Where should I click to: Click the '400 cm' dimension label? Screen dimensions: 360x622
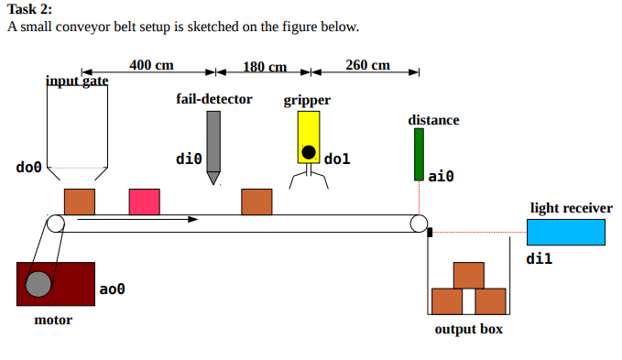pyautogui.click(x=151, y=65)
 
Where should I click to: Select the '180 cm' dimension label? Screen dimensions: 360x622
pyautogui.click(x=265, y=67)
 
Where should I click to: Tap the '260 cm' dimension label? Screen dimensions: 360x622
pyautogui.click(x=367, y=65)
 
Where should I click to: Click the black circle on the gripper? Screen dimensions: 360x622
pyautogui.click(x=309, y=151)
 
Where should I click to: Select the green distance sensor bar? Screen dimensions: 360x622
pyautogui.click(x=419, y=154)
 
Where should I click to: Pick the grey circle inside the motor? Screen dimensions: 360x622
pyautogui.click(x=38, y=284)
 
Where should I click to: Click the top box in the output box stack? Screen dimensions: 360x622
pyautogui.click(x=468, y=276)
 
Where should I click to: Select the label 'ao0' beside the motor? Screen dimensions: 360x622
pyautogui.click(x=112, y=289)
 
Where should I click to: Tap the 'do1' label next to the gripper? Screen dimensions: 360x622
pyautogui.click(x=337, y=159)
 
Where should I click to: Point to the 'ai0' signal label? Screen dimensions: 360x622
pyautogui.click(x=441, y=174)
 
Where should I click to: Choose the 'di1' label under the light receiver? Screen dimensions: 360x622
pyautogui.click(x=540, y=259)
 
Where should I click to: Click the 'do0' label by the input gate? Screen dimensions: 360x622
pyautogui.click(x=29, y=168)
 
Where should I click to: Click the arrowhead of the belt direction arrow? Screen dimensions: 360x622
pyautogui.click(x=193, y=219)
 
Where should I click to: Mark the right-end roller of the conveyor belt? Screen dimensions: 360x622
pyautogui.click(x=419, y=223)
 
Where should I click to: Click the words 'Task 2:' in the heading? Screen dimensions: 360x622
pyautogui.click(x=29, y=9)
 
